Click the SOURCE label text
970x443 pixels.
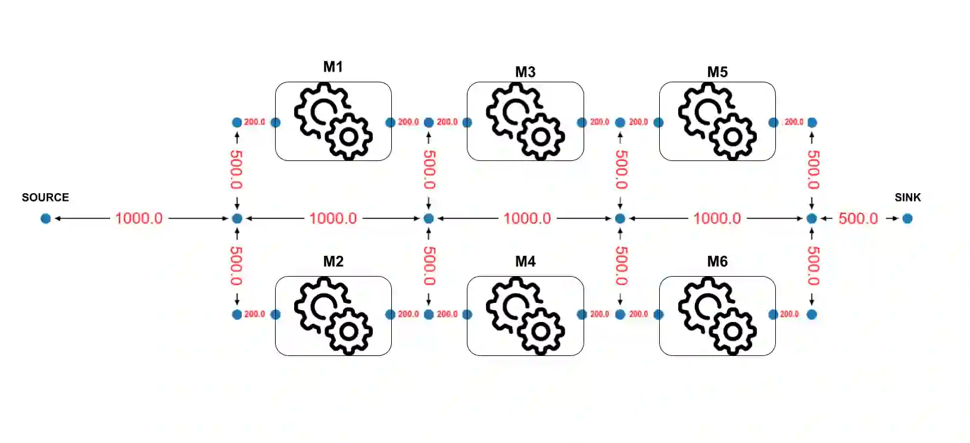click(x=45, y=197)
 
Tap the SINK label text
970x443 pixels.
click(x=907, y=197)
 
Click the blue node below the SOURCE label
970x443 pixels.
click(x=46, y=218)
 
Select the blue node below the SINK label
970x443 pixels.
click(x=907, y=218)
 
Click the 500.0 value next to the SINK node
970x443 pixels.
click(x=858, y=218)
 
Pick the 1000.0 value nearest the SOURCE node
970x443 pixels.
click(x=139, y=218)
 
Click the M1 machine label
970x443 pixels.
click(x=333, y=67)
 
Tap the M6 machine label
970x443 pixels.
click(x=718, y=261)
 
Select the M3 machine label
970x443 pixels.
click(x=525, y=72)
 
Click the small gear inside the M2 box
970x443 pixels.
click(x=349, y=330)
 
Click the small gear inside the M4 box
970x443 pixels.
click(x=541, y=330)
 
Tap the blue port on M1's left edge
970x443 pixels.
click(x=276, y=122)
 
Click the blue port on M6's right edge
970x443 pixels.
click(x=773, y=314)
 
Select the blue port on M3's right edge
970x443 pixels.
click(x=582, y=122)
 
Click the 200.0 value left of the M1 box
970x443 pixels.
click(x=255, y=122)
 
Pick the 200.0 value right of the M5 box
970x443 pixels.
click(x=794, y=122)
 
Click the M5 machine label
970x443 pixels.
click(x=718, y=72)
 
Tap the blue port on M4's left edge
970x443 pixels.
click(x=467, y=314)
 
